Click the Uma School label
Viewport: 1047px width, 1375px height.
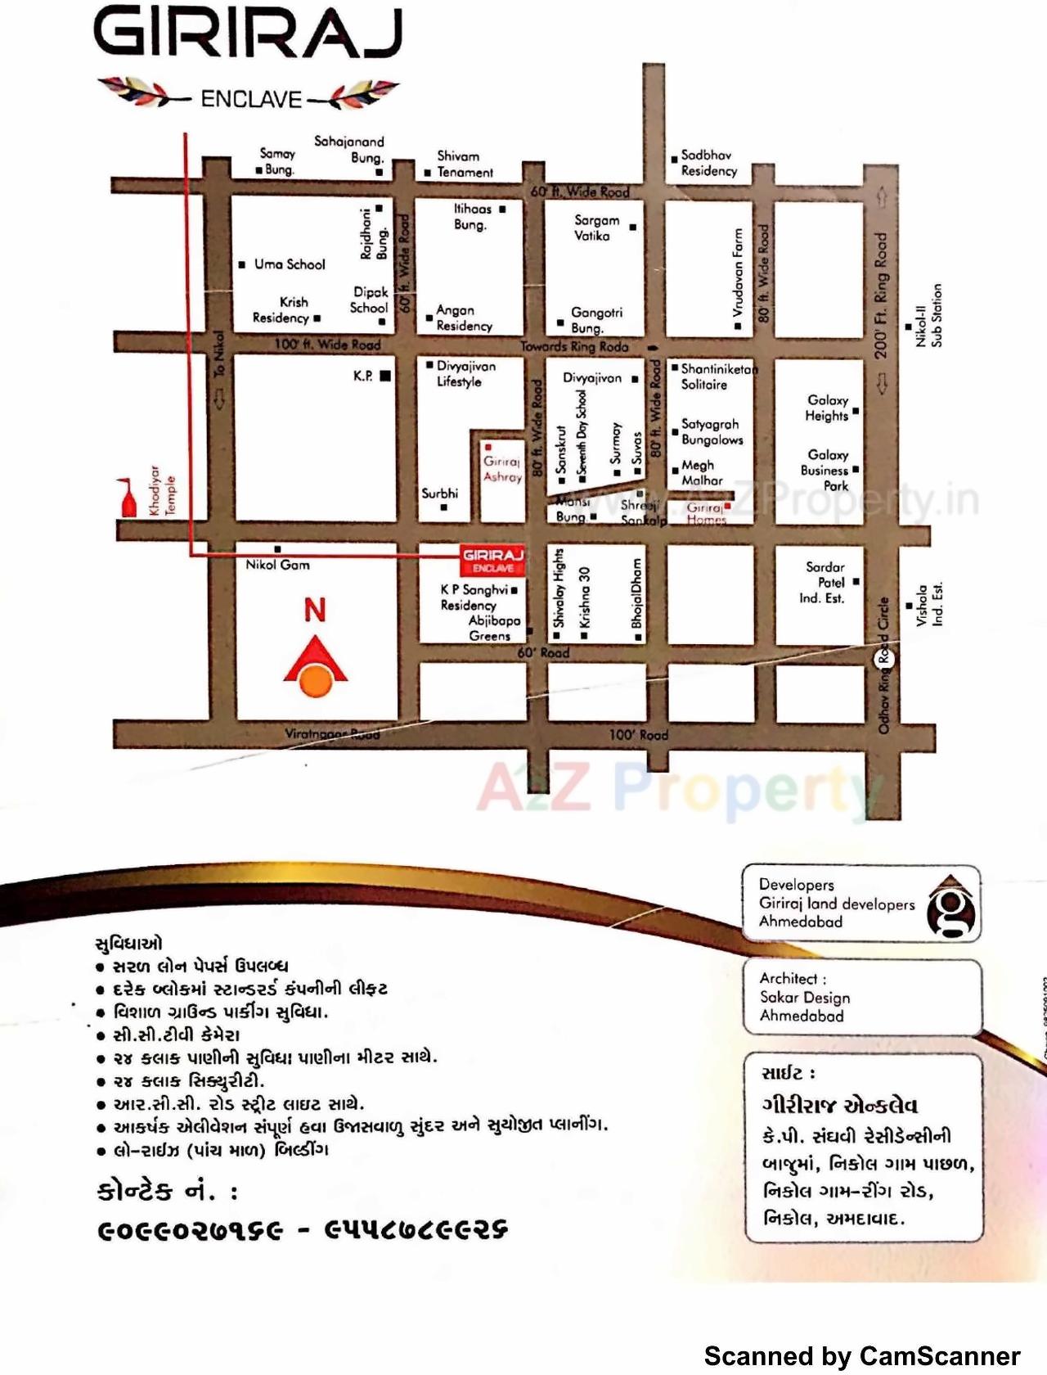point(290,264)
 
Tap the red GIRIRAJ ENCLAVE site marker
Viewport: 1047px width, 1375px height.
point(492,560)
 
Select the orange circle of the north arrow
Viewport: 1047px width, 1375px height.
point(316,679)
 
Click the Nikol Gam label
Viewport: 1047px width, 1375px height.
point(277,565)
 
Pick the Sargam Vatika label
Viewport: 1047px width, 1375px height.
point(596,228)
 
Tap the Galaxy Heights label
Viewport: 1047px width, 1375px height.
point(827,408)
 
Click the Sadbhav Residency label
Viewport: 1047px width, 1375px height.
point(708,163)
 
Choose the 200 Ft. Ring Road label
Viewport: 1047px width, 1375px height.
point(880,295)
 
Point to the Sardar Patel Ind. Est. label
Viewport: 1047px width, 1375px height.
point(823,582)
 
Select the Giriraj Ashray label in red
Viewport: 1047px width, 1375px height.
point(501,469)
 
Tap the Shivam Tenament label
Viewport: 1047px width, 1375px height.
point(464,165)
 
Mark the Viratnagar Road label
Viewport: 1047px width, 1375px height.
point(332,733)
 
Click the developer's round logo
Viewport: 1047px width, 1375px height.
point(952,907)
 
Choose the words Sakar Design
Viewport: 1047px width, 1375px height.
point(805,998)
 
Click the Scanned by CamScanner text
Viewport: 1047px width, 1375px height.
point(861,1356)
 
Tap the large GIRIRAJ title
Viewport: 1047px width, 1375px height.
point(249,33)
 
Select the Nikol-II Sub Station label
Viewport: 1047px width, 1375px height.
point(928,315)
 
